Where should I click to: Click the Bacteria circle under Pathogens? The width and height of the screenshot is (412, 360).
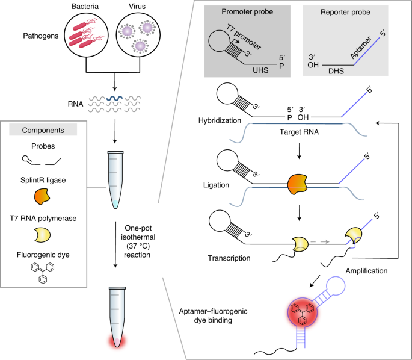click(x=87, y=35)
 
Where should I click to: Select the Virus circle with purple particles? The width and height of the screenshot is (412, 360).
click(x=138, y=35)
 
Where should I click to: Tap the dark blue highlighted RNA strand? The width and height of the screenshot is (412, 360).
click(x=114, y=98)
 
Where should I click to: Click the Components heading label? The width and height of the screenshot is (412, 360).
click(x=43, y=130)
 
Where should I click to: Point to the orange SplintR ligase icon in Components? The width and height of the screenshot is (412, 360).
click(x=42, y=196)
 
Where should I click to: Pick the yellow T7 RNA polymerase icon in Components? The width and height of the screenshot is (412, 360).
click(x=42, y=235)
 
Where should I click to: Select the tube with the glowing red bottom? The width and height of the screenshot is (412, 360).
click(x=117, y=317)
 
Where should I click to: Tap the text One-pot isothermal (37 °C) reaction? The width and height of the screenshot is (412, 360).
click(x=138, y=241)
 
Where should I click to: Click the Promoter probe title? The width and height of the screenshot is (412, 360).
click(x=247, y=12)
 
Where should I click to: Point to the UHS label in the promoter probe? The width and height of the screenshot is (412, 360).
click(x=260, y=70)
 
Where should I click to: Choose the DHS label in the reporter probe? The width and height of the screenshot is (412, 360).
click(x=336, y=71)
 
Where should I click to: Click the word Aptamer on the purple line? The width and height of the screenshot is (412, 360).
click(x=361, y=48)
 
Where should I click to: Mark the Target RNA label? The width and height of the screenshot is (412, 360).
click(x=299, y=132)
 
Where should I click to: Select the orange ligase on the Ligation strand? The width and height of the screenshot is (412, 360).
click(x=298, y=184)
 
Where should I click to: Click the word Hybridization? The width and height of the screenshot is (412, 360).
click(x=220, y=120)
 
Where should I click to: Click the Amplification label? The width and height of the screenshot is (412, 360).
click(x=366, y=271)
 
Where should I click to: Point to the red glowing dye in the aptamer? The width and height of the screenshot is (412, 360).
click(x=302, y=312)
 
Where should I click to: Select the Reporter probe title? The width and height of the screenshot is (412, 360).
click(x=345, y=12)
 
